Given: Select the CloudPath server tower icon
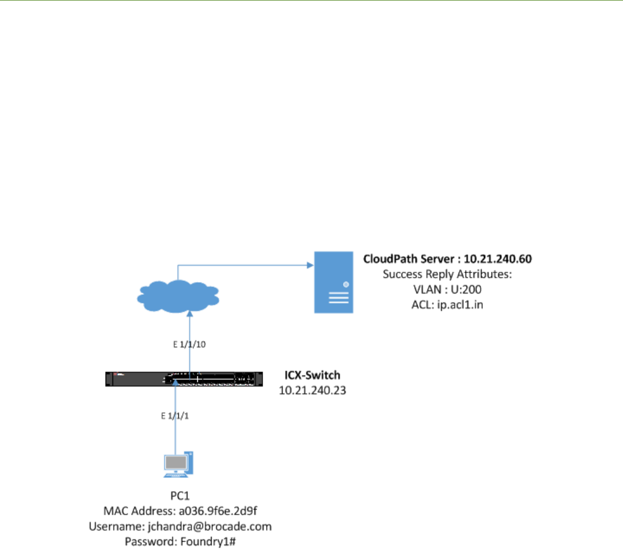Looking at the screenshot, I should point(333,282).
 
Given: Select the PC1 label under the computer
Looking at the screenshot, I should point(179,498).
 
